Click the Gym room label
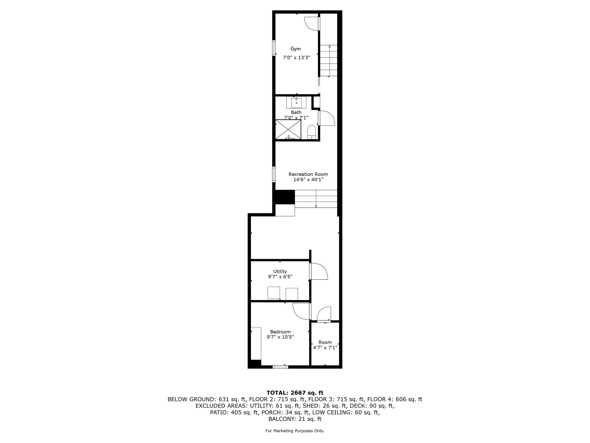(x=295, y=49)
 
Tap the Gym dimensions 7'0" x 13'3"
(x=297, y=57)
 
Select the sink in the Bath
(x=296, y=102)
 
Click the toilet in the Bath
(x=312, y=132)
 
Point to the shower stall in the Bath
(x=288, y=129)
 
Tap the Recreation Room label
(x=308, y=174)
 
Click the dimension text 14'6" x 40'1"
(x=308, y=180)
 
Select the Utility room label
(x=280, y=271)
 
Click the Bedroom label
(x=280, y=332)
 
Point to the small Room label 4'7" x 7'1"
(x=325, y=345)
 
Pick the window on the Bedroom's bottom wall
(x=280, y=367)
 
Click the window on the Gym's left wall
(x=274, y=48)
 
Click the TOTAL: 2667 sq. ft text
(x=295, y=393)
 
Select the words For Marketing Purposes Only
(x=295, y=431)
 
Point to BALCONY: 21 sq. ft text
(x=295, y=419)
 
